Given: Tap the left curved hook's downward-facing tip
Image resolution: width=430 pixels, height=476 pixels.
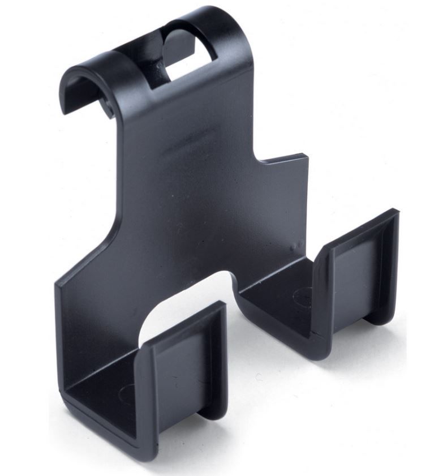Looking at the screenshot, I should click(x=71, y=105).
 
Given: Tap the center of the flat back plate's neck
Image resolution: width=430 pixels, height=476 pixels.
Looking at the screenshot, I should click(x=187, y=170).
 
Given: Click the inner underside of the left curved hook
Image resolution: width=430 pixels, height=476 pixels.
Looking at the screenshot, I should click(x=85, y=91).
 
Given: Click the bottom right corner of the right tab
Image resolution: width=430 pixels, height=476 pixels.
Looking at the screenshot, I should click(x=390, y=320).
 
